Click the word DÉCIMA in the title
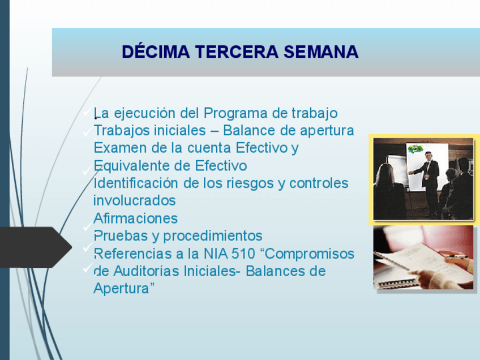click(x=156, y=52)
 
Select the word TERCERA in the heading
click(x=237, y=52)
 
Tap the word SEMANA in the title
click(x=321, y=52)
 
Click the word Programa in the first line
click(x=235, y=114)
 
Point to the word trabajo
click(x=314, y=113)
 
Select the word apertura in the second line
click(x=327, y=131)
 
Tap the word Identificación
click(x=136, y=183)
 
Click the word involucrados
click(x=134, y=200)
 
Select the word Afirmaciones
click(x=136, y=218)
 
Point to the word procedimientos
click(x=212, y=236)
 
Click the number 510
click(x=243, y=254)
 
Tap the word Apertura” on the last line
click(x=124, y=289)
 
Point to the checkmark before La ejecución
click(x=88, y=111)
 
